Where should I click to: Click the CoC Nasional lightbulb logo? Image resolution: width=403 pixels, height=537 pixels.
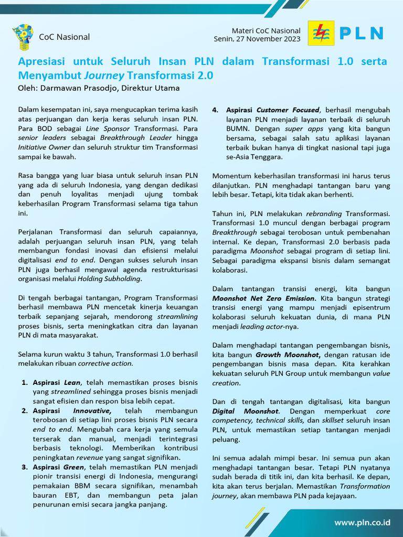(x=23, y=36)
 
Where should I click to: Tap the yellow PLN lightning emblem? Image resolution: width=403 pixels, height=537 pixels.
(x=320, y=34)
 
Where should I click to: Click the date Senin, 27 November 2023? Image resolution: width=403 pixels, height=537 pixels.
(x=257, y=39)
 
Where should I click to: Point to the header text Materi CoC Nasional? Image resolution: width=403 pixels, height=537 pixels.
(x=266, y=30)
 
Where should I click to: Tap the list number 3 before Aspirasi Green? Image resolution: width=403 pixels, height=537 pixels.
(x=24, y=467)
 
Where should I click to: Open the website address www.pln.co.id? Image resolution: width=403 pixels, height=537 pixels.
(x=363, y=522)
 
